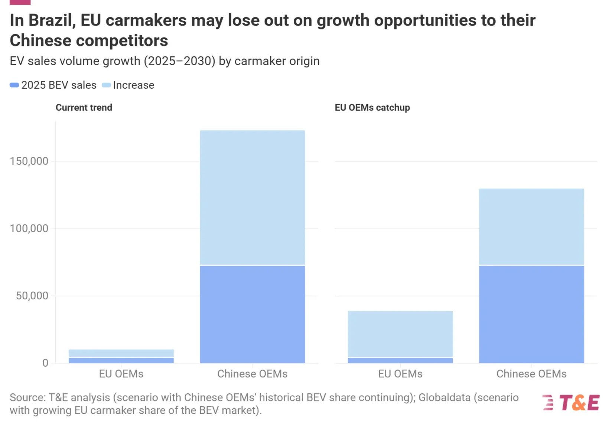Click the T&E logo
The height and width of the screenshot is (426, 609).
(x=570, y=402)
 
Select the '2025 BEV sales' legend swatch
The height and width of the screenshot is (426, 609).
(x=14, y=85)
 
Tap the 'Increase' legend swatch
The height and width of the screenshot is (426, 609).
(x=106, y=85)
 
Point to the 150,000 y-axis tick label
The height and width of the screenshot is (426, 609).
(x=29, y=161)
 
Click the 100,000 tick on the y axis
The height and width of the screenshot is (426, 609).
(x=29, y=229)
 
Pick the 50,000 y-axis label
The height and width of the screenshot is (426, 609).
(x=32, y=296)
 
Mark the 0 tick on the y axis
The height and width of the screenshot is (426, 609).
(x=45, y=363)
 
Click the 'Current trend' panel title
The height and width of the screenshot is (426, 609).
(x=84, y=108)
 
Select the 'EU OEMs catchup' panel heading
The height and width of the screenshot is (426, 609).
(x=372, y=108)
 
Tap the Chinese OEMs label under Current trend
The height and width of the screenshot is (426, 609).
(x=252, y=374)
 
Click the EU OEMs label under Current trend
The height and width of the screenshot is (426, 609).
(x=121, y=374)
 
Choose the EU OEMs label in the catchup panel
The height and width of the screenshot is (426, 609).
(x=400, y=374)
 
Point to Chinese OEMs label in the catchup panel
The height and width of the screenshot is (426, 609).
(x=531, y=374)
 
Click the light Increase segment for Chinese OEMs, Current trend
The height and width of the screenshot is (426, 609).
(x=253, y=197)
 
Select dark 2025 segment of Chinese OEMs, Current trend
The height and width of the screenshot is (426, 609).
(x=253, y=314)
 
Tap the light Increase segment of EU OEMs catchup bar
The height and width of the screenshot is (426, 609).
(x=400, y=334)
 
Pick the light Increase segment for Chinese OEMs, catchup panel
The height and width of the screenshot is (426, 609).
(x=531, y=227)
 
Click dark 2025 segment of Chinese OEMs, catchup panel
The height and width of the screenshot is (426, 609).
(x=531, y=314)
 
